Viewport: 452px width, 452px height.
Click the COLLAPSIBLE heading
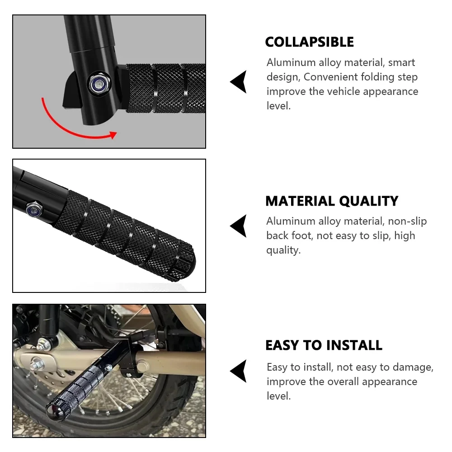(x=309, y=42)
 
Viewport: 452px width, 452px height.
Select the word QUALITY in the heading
(x=369, y=201)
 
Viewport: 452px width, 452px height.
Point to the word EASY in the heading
(x=282, y=345)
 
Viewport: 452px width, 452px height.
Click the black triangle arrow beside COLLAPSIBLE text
(x=238, y=81)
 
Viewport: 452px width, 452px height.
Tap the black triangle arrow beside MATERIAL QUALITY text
(x=238, y=226)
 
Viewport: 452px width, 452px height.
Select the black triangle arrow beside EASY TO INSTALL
(x=238, y=371)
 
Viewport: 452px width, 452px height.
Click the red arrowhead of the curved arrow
(x=113, y=135)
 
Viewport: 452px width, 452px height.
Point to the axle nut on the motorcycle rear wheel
(x=38, y=364)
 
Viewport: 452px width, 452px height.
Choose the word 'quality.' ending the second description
(x=283, y=250)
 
